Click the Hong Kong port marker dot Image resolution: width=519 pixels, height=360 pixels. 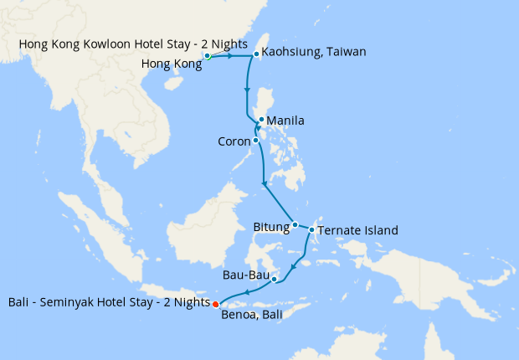click(x=207, y=56)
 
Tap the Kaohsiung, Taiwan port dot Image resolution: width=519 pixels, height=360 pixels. click(x=255, y=54)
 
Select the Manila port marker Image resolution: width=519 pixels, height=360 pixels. click(x=261, y=120)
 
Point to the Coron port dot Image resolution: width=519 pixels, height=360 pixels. click(x=255, y=140)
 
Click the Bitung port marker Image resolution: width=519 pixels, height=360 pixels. click(x=295, y=224)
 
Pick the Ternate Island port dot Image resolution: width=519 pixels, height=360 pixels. click(x=312, y=229)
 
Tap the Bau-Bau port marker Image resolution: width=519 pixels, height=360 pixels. click(x=274, y=280)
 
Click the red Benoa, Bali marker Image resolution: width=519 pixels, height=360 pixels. click(x=215, y=303)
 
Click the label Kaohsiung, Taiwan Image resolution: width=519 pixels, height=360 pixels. click(x=314, y=52)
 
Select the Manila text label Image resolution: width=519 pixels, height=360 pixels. click(x=285, y=121)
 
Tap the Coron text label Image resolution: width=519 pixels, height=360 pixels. click(x=234, y=141)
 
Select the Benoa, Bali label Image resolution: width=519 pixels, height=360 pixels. click(x=255, y=316)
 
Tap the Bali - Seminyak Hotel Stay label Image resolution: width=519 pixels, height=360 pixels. click(x=107, y=301)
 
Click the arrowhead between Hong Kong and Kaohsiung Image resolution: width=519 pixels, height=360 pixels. click(x=229, y=56)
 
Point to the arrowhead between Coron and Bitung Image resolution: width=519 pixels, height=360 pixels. click(x=265, y=183)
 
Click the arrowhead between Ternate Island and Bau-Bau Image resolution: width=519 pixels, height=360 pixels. click(x=292, y=268)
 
